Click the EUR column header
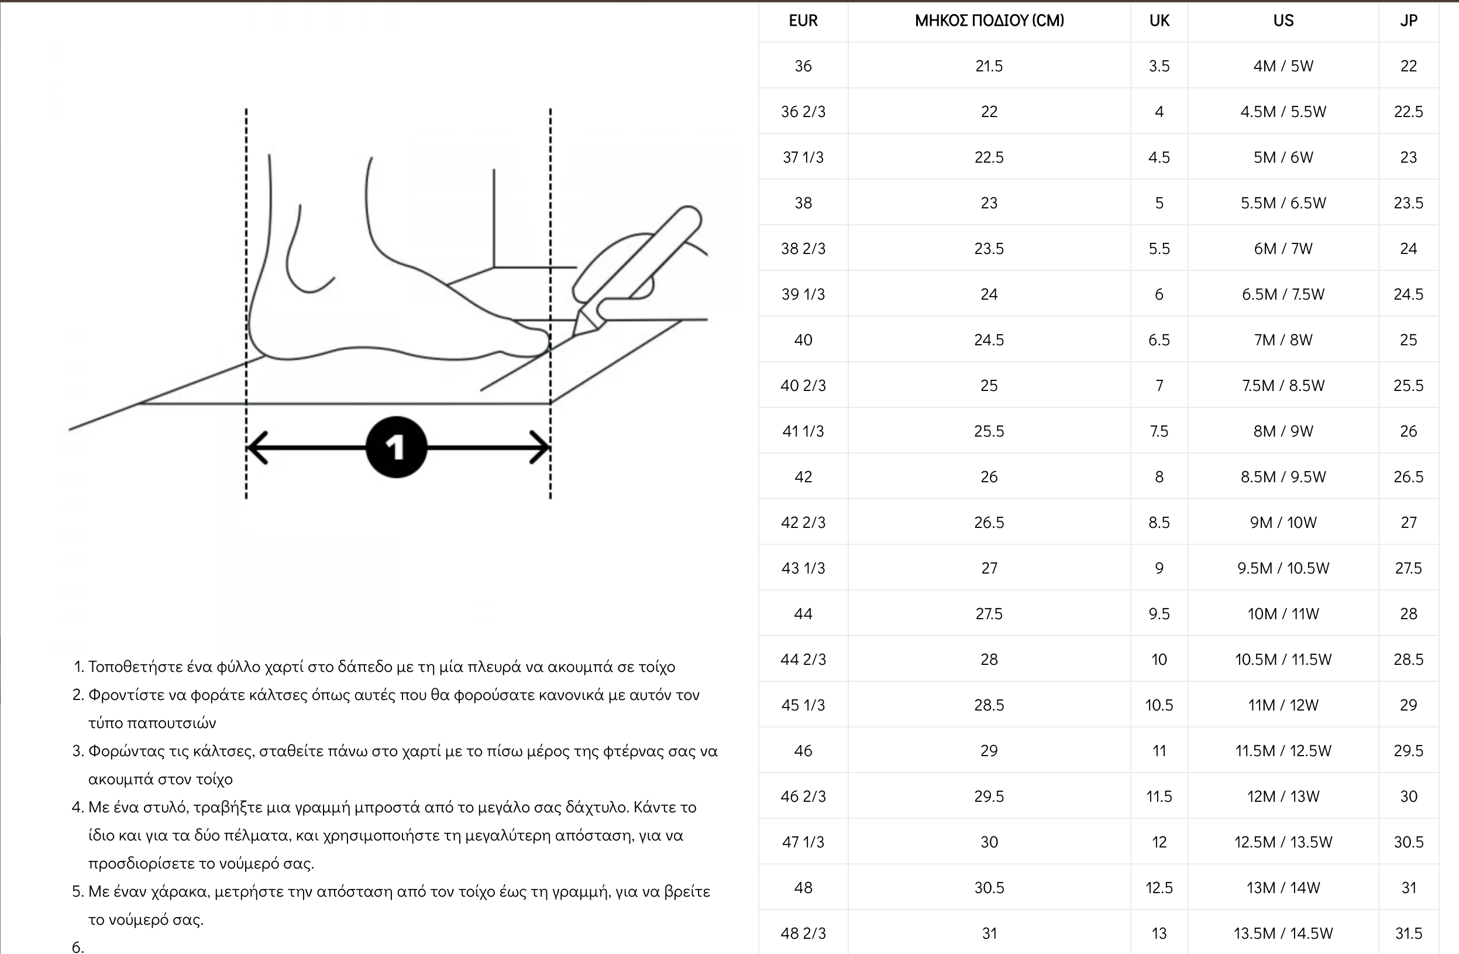(x=803, y=21)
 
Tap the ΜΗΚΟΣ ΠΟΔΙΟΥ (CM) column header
(x=989, y=21)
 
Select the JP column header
(x=1408, y=21)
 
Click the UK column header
(x=1159, y=21)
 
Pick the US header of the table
(x=1283, y=21)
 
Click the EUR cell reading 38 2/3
(x=803, y=249)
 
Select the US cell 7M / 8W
(x=1283, y=340)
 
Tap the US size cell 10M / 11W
(x=1283, y=613)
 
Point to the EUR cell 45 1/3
(x=803, y=705)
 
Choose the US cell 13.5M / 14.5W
(x=1283, y=933)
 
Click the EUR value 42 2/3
(x=803, y=523)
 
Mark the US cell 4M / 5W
(x=1283, y=66)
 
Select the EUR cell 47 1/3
(x=803, y=842)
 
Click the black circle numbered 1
(x=396, y=447)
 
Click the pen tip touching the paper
(x=574, y=335)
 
